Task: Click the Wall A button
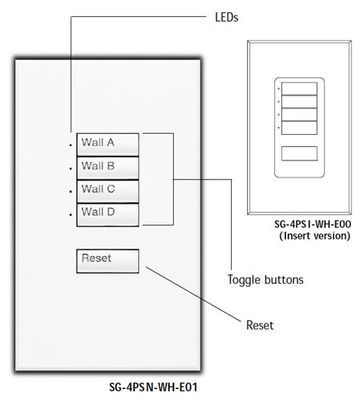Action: [x=108, y=144]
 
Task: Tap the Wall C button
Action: [x=108, y=190]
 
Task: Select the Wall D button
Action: [x=108, y=213]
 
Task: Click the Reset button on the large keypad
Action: [x=108, y=261]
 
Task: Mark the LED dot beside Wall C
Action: [x=71, y=192]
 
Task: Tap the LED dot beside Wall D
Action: [x=71, y=215]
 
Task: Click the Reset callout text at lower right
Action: [x=259, y=325]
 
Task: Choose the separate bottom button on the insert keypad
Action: [x=299, y=154]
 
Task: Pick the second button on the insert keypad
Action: [x=299, y=100]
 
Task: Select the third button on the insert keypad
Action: [x=299, y=113]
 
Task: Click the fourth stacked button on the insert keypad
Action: [x=299, y=127]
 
